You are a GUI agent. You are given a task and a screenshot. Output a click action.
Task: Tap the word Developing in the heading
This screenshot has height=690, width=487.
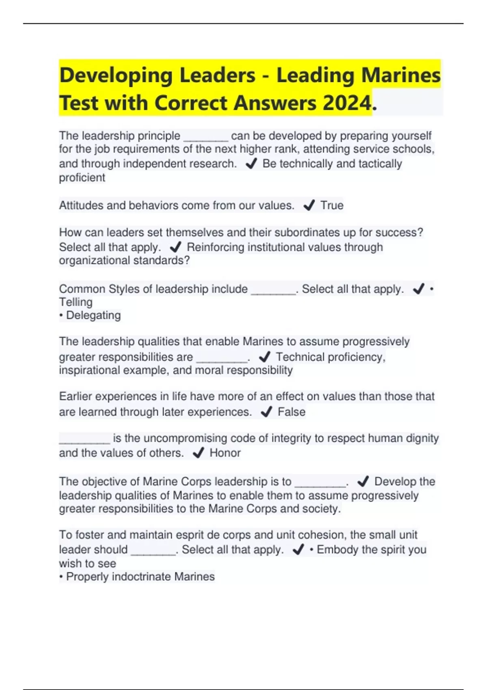coord(116,76)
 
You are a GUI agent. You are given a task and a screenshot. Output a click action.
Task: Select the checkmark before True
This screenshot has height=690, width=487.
coord(309,206)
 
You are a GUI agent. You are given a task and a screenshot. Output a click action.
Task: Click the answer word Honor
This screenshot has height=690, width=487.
coord(225,453)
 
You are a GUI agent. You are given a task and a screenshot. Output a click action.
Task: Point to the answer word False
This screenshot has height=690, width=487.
coord(291,412)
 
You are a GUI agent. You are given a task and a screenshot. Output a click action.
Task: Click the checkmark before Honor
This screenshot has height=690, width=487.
coord(198,453)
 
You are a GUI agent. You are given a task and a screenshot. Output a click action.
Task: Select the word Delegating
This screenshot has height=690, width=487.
coord(93,315)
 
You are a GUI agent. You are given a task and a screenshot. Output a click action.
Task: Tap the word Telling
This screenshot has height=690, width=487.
coord(76,302)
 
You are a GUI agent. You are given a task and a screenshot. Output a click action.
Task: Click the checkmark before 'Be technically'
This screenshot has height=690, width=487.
coord(251,164)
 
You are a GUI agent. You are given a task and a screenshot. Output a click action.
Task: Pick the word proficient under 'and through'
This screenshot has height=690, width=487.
coord(82,178)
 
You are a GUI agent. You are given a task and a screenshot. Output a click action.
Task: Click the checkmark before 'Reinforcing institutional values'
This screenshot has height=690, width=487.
coord(175,247)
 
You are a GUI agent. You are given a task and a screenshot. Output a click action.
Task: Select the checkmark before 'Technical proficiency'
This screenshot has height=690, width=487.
coord(265,357)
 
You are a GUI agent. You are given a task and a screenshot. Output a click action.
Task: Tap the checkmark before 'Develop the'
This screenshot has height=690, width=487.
coord(363,481)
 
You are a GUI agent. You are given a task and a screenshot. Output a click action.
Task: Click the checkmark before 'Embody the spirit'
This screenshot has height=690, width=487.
coord(298,550)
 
